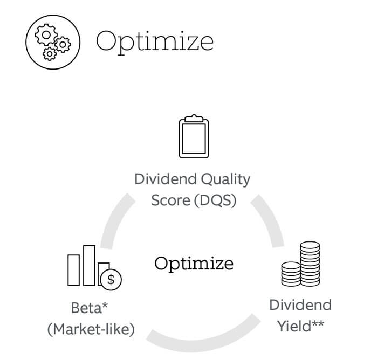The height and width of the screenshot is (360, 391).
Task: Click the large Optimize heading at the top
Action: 155,43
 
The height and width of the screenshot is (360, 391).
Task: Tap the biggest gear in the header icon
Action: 46,35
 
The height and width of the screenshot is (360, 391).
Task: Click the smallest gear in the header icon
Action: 50,53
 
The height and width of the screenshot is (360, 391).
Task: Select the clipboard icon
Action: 194,136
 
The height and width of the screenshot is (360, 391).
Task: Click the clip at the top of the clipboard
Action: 194,119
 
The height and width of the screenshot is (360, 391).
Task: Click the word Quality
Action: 225,180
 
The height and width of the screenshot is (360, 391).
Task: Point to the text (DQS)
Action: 215,200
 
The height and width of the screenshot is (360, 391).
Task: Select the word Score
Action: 170,200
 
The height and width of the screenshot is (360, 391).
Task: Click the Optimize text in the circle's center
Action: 194,264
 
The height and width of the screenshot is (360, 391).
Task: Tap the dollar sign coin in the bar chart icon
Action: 111,280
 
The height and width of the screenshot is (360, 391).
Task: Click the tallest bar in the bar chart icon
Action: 89,265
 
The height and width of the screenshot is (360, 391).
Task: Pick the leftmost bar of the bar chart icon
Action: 73,270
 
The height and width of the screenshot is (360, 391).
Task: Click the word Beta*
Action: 90,308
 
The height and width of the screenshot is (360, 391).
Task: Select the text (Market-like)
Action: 91,329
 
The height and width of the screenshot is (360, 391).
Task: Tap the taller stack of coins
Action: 310,264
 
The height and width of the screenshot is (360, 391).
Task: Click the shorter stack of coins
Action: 291,274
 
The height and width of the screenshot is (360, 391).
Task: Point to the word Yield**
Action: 300,326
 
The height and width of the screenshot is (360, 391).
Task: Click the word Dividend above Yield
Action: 300,305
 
